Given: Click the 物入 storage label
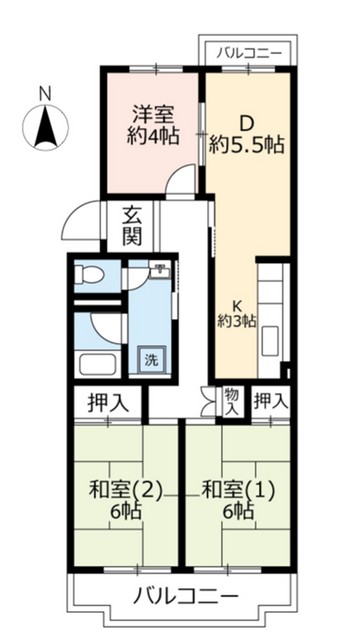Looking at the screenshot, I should tap(231, 402).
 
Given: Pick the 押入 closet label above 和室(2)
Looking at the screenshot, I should tap(98, 403).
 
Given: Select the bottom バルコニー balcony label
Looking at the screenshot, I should tap(186, 599).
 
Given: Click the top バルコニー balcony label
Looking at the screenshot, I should tap(249, 52).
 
